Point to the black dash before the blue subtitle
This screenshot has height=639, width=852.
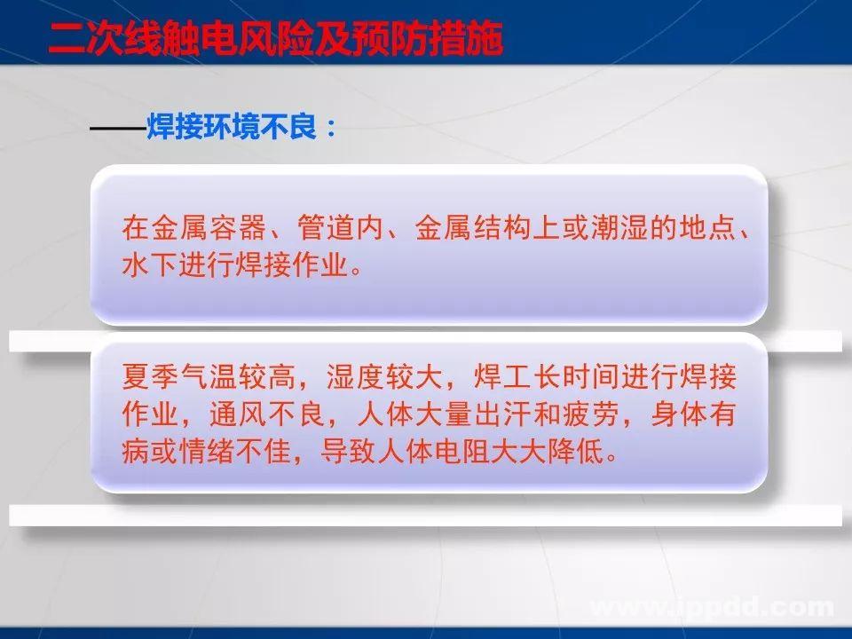117,130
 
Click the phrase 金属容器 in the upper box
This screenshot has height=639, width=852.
206,229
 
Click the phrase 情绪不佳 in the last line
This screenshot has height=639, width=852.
222,453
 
